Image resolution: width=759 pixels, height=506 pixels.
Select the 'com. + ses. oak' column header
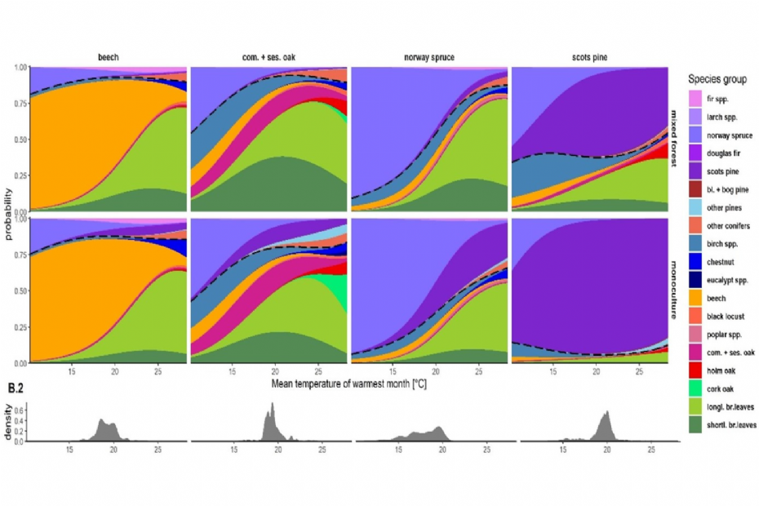click(269, 58)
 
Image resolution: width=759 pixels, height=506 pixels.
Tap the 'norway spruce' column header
click(429, 58)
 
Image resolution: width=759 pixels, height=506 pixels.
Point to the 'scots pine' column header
click(590, 58)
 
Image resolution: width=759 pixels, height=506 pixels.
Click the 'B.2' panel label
click(16, 388)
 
